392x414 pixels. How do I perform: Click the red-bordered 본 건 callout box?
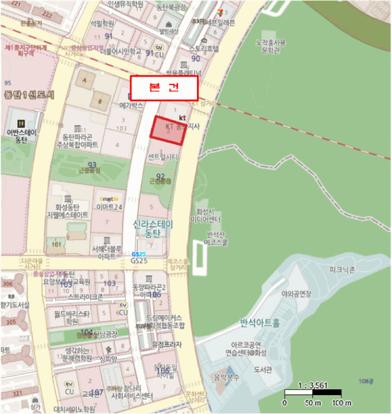pos(164,88)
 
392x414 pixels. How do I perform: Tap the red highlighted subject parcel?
pos(168,130)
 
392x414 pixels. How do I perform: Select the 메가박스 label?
pos(131,105)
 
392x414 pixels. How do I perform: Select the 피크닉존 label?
pos(343,269)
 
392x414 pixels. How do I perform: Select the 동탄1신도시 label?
pos(28,95)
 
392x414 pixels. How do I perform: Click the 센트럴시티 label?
pos(163,158)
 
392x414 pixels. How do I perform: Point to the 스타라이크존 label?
pos(85,296)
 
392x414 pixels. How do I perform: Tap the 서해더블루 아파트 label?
pos(107,253)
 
